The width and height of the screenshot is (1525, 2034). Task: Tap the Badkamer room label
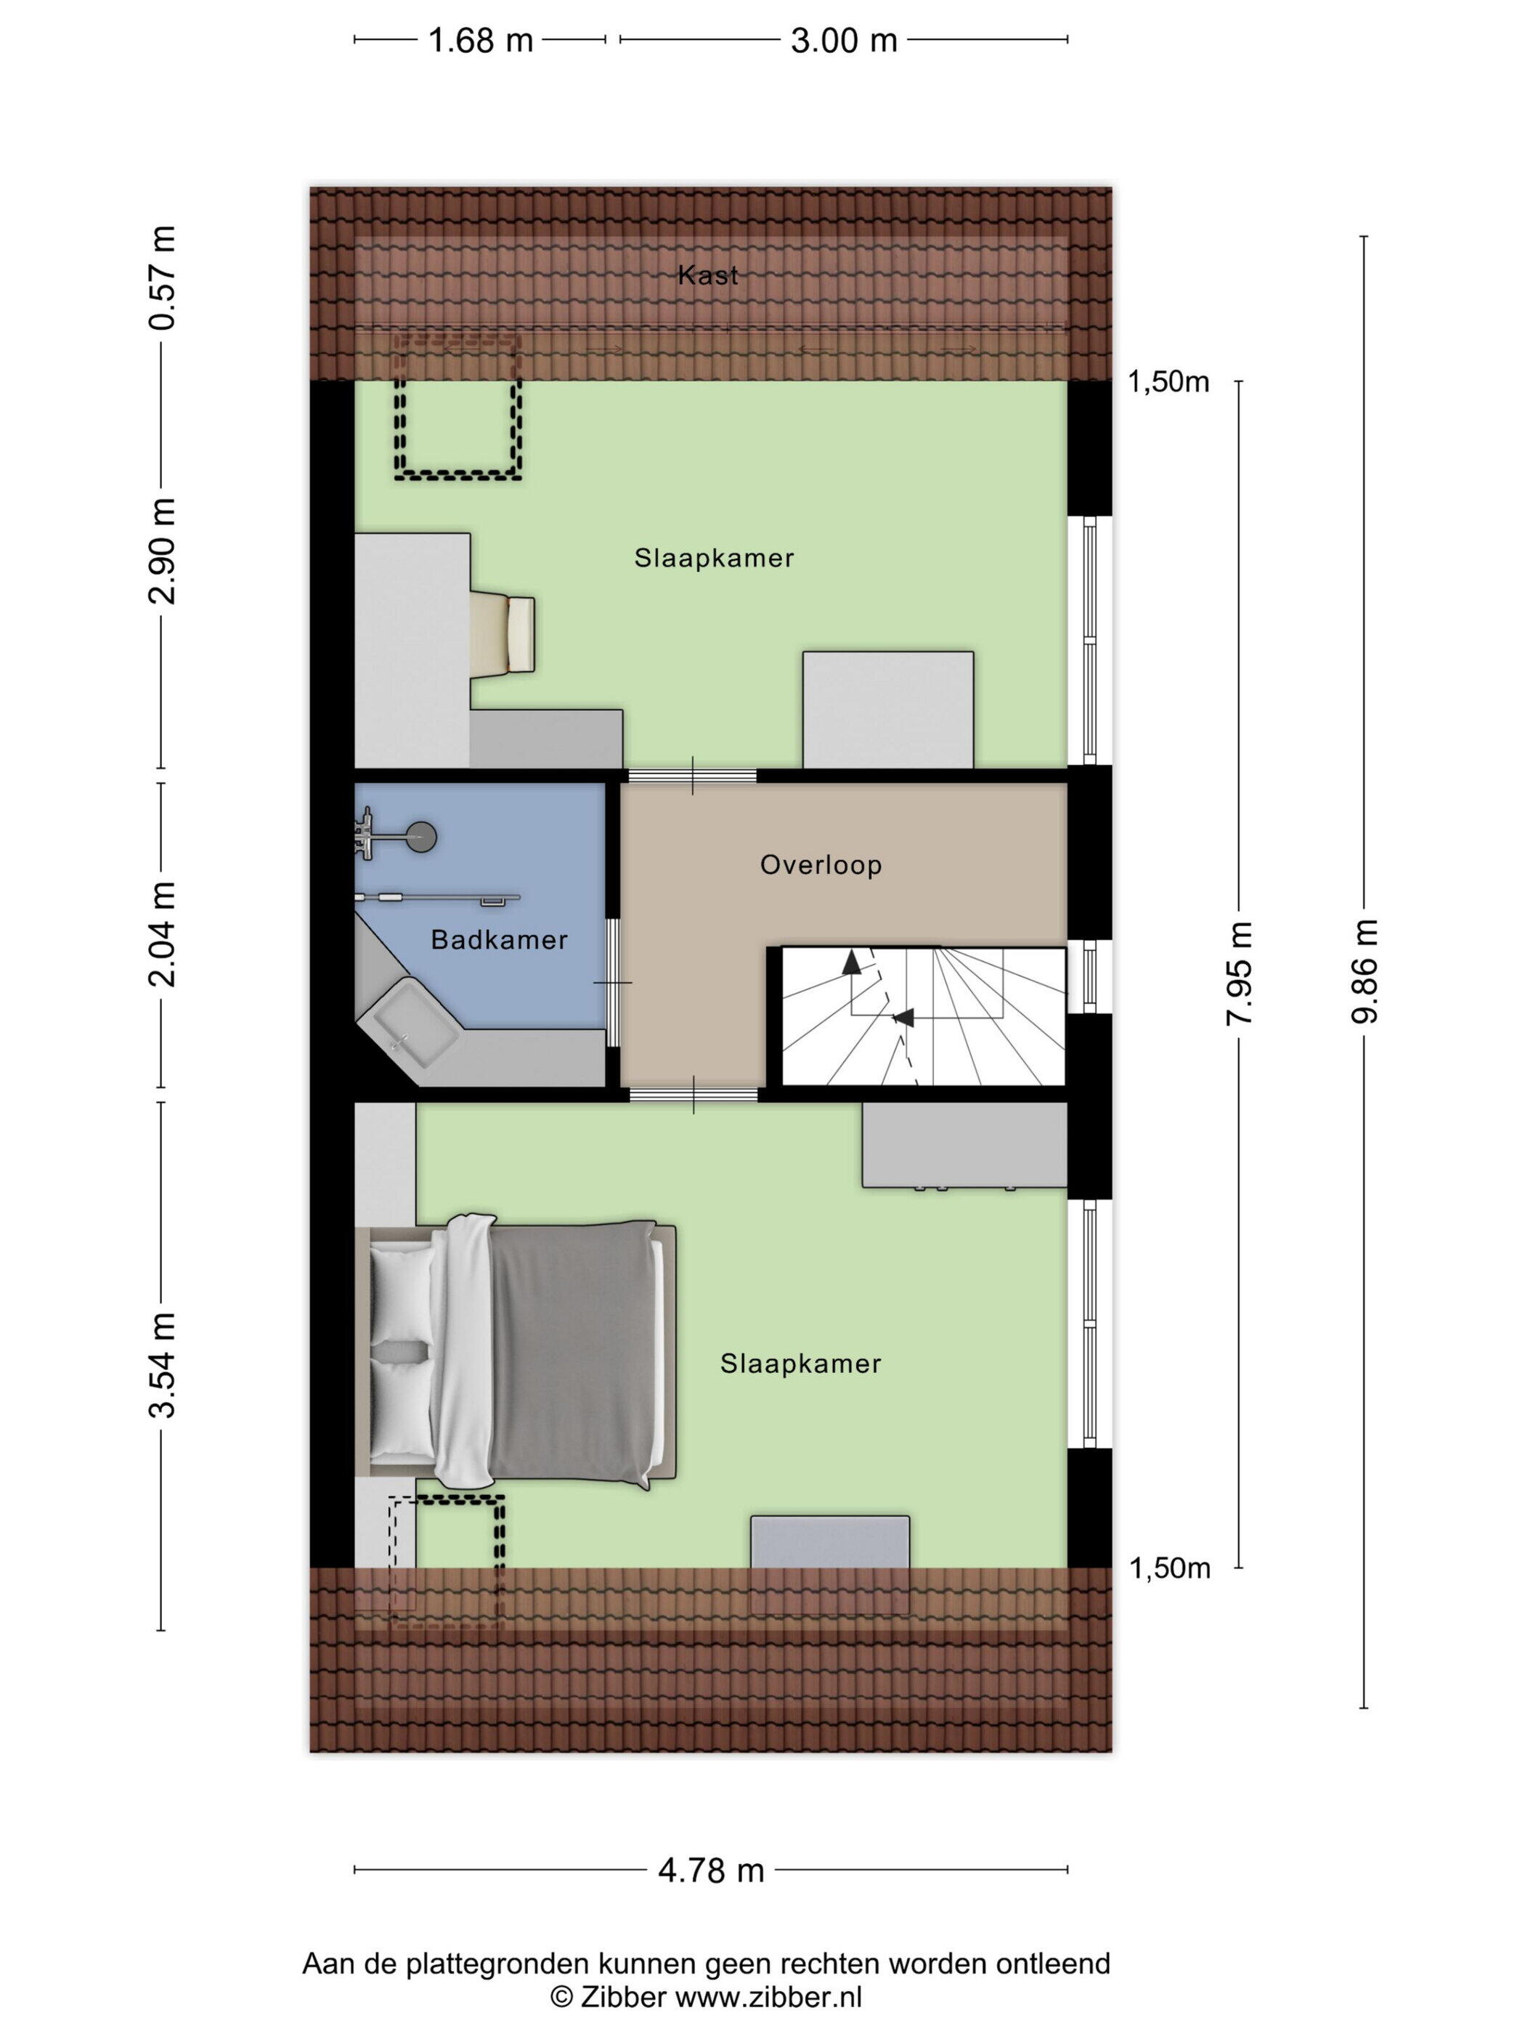pos(499,940)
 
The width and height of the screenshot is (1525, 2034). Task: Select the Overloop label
pos(821,864)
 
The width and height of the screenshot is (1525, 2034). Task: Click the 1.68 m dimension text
pos(481,41)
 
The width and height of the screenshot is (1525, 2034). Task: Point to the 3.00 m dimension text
pos(844,41)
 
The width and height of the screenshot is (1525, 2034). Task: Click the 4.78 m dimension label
pos(710,1871)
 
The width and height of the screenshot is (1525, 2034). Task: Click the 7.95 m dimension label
pos(1239,973)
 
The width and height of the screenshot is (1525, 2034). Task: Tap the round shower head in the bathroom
pos(422,837)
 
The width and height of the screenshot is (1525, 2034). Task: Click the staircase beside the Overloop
pos(923,1016)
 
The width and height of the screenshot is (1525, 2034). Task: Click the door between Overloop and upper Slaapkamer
pos(692,775)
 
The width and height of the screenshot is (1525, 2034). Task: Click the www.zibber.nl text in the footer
pos(768,1996)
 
